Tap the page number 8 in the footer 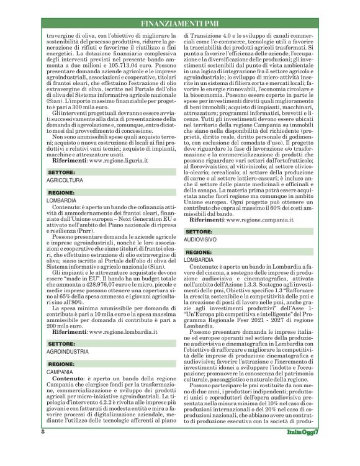tap(43, 448)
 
